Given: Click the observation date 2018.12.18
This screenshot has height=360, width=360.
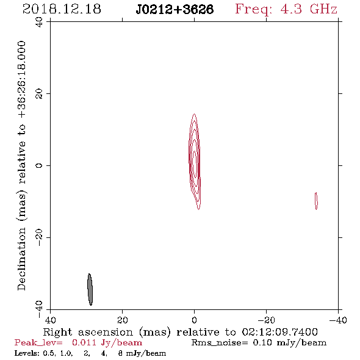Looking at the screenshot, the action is click(x=62, y=9).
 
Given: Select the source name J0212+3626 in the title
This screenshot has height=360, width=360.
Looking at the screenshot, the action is click(x=175, y=9).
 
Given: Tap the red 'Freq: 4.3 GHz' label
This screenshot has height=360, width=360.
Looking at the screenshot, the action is click(x=286, y=9).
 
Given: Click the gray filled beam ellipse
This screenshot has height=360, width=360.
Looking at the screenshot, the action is click(x=90, y=289).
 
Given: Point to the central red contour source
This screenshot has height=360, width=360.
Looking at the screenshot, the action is click(x=195, y=162).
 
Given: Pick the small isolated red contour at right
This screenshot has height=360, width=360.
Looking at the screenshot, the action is click(x=316, y=201).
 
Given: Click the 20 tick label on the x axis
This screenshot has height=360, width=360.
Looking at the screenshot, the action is click(x=122, y=320).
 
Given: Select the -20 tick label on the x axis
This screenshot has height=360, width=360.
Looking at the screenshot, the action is click(x=266, y=320).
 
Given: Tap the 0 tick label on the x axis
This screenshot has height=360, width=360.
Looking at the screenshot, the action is click(x=194, y=320).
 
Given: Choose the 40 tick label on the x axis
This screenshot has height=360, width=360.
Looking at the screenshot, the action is click(x=50, y=320).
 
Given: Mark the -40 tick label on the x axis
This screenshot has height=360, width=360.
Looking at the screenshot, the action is click(x=338, y=320).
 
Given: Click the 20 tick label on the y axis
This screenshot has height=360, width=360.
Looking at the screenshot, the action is click(x=39, y=94).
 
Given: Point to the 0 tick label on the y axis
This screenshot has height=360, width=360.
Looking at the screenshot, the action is click(x=39, y=165).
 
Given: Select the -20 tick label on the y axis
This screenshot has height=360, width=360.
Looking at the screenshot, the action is click(x=39, y=237).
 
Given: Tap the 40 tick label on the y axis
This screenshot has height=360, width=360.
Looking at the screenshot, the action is click(x=39, y=22).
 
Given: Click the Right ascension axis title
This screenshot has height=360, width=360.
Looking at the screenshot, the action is click(x=181, y=332).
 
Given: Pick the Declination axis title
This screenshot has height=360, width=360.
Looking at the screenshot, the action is click(x=21, y=165).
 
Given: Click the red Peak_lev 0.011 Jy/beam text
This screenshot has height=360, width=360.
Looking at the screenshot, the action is click(x=78, y=343).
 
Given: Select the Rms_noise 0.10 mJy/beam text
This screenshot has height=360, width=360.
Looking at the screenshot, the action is click(x=259, y=343).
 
